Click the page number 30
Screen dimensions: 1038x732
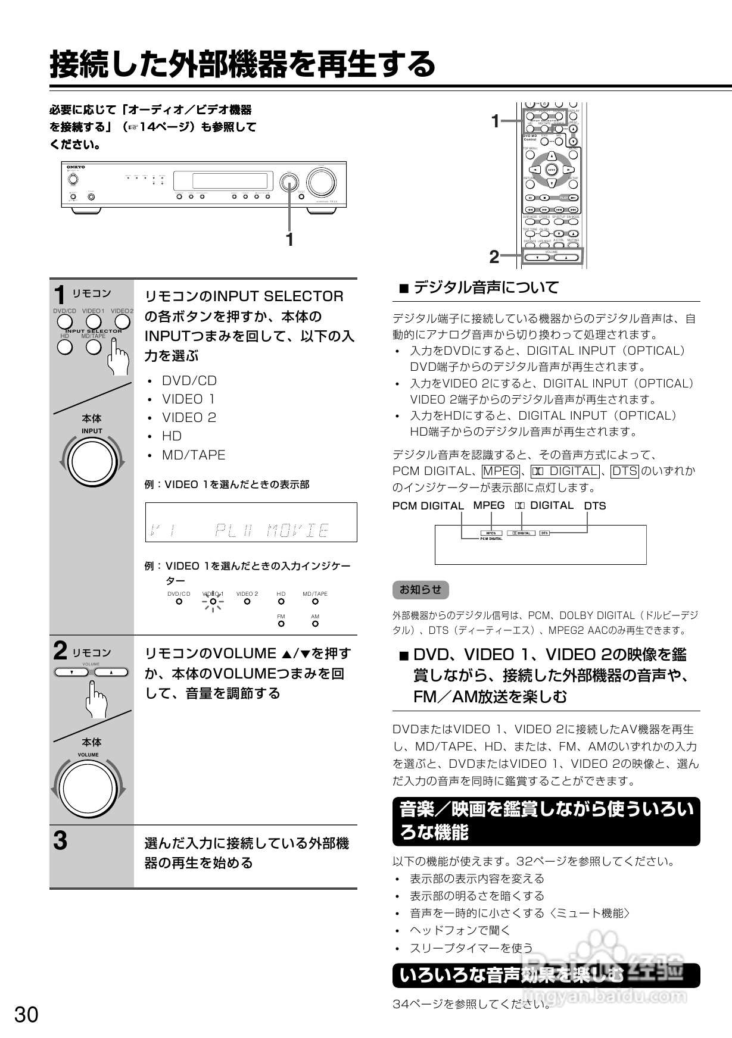point(26,1015)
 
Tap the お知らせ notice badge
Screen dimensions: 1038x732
point(420,590)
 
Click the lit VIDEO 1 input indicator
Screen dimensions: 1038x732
point(213,602)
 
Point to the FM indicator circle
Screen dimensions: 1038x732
point(281,624)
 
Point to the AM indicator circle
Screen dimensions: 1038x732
point(315,624)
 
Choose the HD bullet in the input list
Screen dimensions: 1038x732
point(172,436)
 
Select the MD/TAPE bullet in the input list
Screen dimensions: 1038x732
point(194,455)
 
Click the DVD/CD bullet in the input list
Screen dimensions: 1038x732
point(189,381)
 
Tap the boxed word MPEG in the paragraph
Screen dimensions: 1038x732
point(500,471)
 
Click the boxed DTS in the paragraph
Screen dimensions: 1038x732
point(625,471)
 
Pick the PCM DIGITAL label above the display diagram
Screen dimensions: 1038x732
point(428,506)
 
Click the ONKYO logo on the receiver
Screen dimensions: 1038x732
point(76,168)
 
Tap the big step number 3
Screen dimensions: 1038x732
point(60,841)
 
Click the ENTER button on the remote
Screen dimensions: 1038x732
point(552,170)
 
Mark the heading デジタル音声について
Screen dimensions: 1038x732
point(486,288)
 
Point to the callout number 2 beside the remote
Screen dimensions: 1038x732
point(494,257)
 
